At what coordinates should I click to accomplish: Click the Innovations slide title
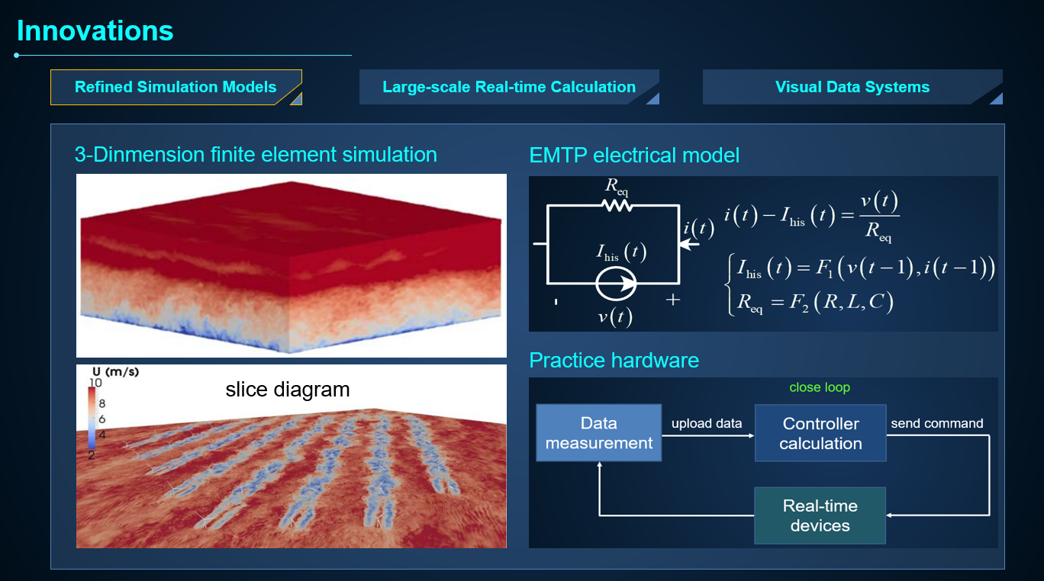click(x=95, y=30)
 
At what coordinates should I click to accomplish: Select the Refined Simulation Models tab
click(x=176, y=87)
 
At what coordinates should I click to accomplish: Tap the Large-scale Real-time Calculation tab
click(x=509, y=87)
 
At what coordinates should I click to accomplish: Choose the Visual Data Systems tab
click(x=852, y=87)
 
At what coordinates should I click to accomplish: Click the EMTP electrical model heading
click(x=634, y=155)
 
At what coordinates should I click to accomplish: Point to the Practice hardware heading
click(x=614, y=361)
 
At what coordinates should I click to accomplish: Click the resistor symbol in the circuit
click(x=617, y=205)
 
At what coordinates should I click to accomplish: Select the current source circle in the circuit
click(x=616, y=283)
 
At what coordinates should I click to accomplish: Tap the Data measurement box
click(x=599, y=433)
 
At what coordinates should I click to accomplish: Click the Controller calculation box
click(x=820, y=433)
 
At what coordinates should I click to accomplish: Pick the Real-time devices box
click(x=820, y=515)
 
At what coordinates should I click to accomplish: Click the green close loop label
click(x=820, y=387)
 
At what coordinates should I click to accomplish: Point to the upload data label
click(x=707, y=423)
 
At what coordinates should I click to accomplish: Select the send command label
click(x=937, y=423)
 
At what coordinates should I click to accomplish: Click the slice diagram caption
click(x=288, y=389)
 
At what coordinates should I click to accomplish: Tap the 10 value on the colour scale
click(x=95, y=383)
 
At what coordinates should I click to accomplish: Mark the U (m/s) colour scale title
click(x=115, y=371)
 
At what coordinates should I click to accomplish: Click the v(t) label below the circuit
click(x=615, y=317)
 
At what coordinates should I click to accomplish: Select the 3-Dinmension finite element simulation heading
click(x=256, y=155)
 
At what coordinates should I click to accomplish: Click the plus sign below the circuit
click(x=673, y=300)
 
